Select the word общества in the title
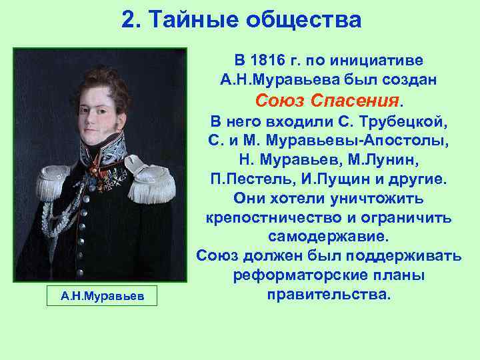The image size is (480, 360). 303,20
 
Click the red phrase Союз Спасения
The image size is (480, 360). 329,101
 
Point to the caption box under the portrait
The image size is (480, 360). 101,295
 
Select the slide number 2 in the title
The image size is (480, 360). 128,20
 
